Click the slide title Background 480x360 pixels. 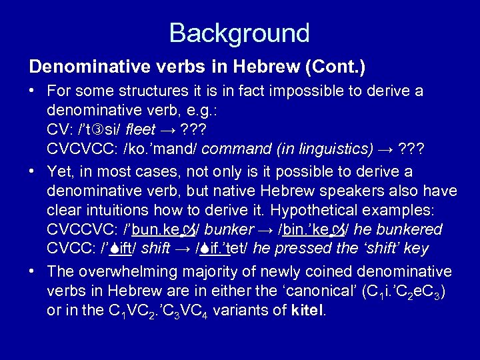coord(239,32)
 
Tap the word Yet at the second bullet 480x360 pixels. coord(59,173)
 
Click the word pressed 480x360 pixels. coord(304,249)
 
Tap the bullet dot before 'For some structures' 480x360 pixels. coord(33,91)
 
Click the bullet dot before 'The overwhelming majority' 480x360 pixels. coord(33,272)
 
